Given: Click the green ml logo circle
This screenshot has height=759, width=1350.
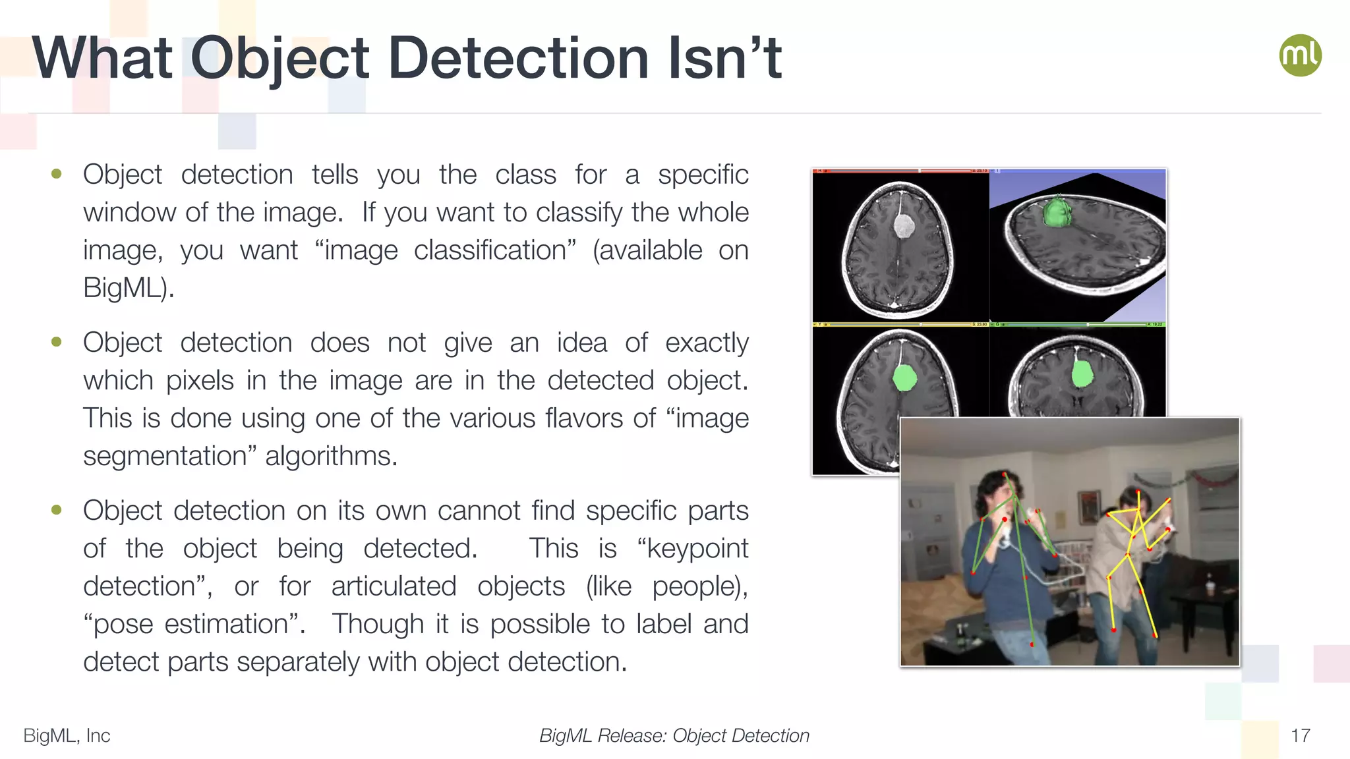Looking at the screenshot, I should [x=1300, y=55].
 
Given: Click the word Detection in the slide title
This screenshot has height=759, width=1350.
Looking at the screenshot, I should [x=519, y=59].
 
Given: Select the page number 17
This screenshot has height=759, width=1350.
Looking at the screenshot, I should [x=1300, y=735].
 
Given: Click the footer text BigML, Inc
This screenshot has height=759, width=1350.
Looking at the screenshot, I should [x=67, y=735].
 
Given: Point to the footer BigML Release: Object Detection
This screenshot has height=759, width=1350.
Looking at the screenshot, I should [x=674, y=735].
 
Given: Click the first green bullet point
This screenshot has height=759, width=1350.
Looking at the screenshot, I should [x=57, y=174].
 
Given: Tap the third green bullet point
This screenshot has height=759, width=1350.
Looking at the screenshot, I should [x=57, y=510].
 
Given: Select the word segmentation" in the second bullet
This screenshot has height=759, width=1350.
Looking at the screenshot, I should [x=165, y=456].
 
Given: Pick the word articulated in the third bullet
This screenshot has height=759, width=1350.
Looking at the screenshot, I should [x=394, y=586].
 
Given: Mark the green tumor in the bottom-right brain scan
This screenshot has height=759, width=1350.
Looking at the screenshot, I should [x=1082, y=374].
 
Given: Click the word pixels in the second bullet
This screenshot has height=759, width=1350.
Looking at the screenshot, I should [x=200, y=381].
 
